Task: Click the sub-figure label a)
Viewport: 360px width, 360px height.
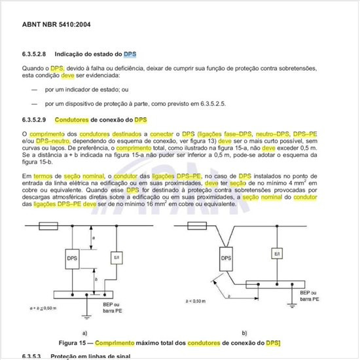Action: tap(85, 332)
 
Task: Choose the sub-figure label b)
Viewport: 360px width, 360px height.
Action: tap(244, 332)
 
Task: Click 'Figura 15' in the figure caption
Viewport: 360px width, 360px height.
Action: tap(77, 342)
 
